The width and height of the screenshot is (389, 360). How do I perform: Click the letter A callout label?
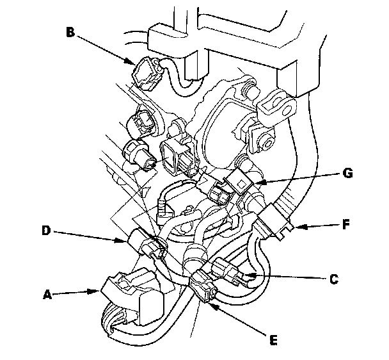(47, 295)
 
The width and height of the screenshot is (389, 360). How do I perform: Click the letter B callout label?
(70, 32)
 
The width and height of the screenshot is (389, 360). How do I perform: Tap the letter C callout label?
(334, 279)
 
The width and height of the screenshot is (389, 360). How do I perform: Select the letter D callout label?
(46, 231)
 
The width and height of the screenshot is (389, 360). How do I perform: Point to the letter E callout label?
(273, 340)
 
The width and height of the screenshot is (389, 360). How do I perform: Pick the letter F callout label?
(346, 224)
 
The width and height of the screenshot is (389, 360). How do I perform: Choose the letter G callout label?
(347, 173)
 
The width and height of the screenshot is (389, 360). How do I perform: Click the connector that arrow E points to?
(203, 286)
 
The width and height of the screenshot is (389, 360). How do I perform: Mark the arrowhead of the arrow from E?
(213, 307)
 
